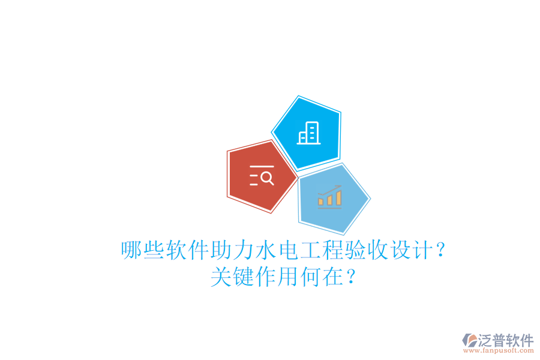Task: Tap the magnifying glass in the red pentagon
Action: click(x=267, y=178)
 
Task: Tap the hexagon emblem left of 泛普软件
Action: click(x=470, y=340)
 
